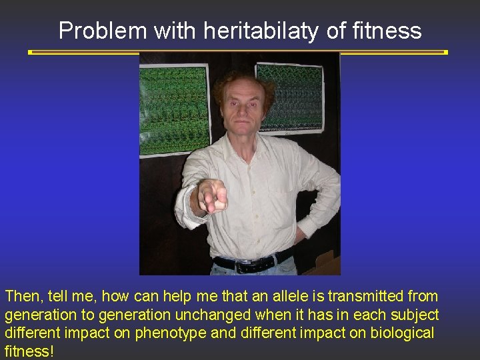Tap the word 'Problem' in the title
point(103,31)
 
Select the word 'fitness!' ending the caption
point(29,351)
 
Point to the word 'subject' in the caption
point(415,314)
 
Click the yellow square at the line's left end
point(30,51)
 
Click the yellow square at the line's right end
point(445,51)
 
